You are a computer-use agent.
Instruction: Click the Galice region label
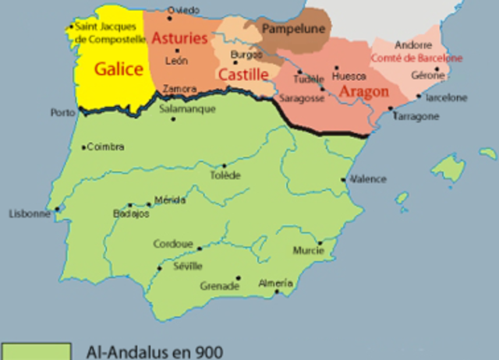click(x=119, y=69)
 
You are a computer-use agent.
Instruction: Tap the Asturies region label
click(x=179, y=38)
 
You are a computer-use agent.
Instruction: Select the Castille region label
click(x=242, y=75)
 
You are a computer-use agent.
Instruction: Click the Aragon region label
click(x=364, y=91)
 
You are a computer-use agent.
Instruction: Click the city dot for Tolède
click(x=225, y=165)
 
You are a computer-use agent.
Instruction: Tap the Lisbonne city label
click(x=29, y=214)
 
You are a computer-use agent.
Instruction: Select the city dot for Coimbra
click(x=83, y=147)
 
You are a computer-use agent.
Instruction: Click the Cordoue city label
click(x=172, y=244)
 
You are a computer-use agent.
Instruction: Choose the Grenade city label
click(x=220, y=286)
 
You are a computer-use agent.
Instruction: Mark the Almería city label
click(x=276, y=282)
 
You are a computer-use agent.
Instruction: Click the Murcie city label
click(x=308, y=251)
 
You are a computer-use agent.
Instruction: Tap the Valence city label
click(x=368, y=179)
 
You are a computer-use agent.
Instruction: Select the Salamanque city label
click(x=187, y=109)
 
